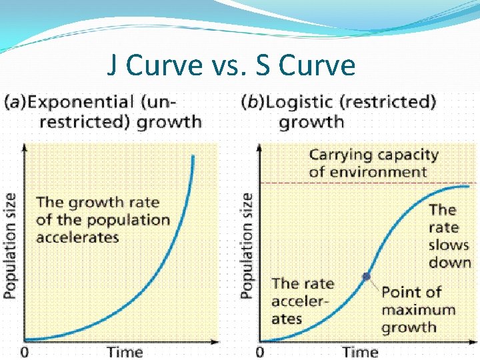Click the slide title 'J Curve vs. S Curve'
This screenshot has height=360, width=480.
(x=231, y=65)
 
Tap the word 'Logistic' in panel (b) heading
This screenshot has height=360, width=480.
(x=303, y=103)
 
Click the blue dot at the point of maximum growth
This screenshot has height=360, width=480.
(x=366, y=276)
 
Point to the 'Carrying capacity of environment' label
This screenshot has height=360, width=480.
(x=373, y=163)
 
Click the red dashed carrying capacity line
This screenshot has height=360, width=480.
(x=333, y=183)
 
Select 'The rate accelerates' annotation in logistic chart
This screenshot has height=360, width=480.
(x=302, y=301)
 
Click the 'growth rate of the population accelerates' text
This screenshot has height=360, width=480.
(x=103, y=219)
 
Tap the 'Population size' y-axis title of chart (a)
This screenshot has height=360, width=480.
(x=10, y=245)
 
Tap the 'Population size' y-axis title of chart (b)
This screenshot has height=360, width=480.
(x=247, y=245)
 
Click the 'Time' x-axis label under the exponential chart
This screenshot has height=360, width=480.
(x=125, y=351)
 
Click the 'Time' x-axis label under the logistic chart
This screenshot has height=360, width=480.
(x=360, y=351)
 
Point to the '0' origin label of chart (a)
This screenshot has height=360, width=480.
(x=25, y=351)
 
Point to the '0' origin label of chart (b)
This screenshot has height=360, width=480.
(x=260, y=351)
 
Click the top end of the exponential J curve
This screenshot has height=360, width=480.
(x=193, y=156)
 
